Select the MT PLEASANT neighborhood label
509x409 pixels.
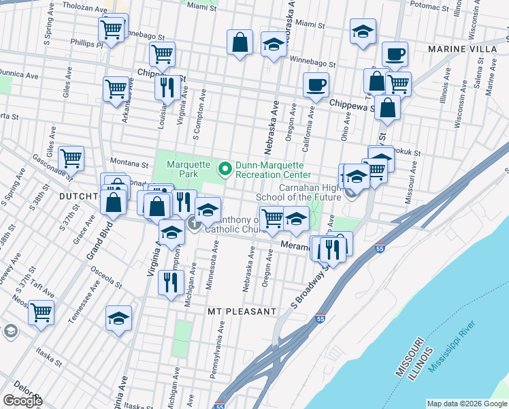coord(242,312)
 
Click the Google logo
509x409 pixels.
coord(22,401)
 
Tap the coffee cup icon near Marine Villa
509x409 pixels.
coord(394,54)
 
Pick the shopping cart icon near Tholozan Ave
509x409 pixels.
coord(110,29)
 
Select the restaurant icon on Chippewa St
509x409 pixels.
coord(167,87)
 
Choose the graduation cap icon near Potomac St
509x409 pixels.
coord(363,31)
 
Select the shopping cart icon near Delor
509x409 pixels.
coord(42,312)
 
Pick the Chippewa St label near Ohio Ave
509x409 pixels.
coord(352,105)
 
